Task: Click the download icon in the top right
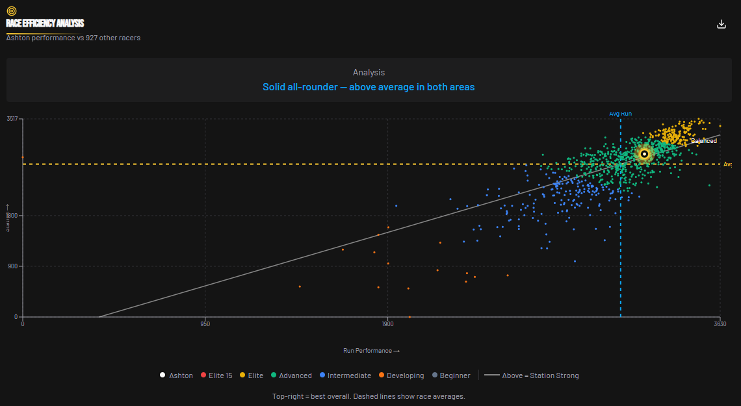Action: click(x=721, y=24)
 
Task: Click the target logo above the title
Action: click(x=12, y=11)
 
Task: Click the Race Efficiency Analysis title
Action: click(x=45, y=23)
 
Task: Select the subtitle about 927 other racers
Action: click(x=73, y=38)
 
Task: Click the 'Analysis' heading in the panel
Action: click(x=369, y=73)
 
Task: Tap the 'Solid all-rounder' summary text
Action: click(x=369, y=87)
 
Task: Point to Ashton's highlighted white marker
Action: click(x=643, y=154)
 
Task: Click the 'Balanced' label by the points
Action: click(x=703, y=141)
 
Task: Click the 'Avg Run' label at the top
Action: click(x=620, y=114)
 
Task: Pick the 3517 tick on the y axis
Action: click(x=12, y=119)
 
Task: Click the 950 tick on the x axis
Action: click(x=205, y=324)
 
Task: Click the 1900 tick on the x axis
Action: click(x=387, y=324)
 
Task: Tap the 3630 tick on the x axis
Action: click(x=719, y=324)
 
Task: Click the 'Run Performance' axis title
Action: click(x=371, y=351)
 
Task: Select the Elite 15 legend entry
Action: click(x=216, y=375)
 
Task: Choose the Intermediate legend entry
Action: click(x=344, y=375)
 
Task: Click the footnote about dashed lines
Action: click(x=369, y=396)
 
